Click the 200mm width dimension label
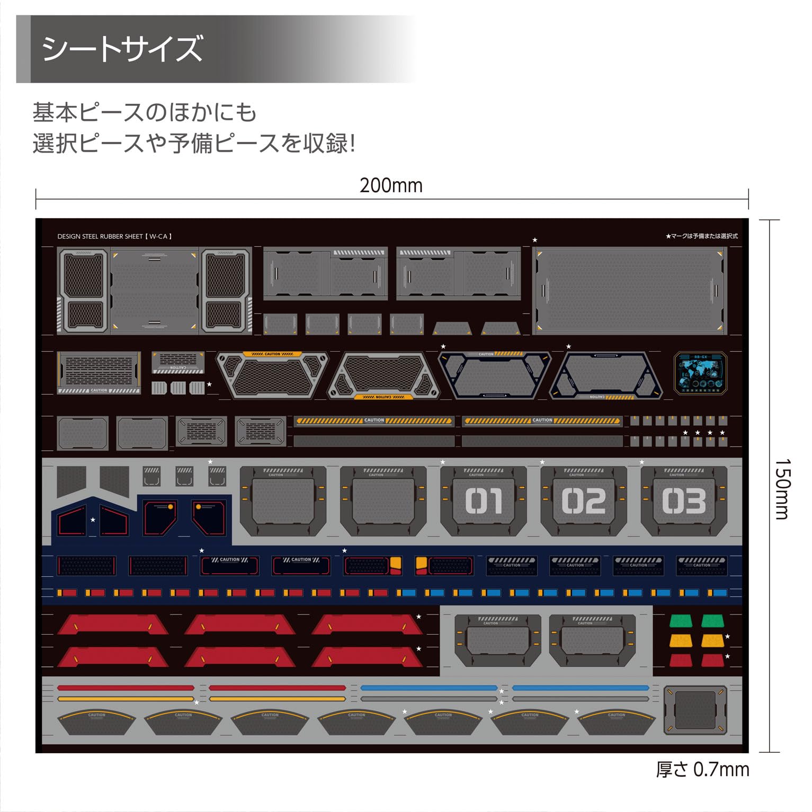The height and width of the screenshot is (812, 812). pos(391,185)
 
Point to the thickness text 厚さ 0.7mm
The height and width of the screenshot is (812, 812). pos(702,769)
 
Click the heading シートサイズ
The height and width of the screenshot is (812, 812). pos(122,49)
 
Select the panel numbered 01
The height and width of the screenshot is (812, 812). pos(484,501)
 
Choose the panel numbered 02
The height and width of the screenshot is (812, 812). pos(584,501)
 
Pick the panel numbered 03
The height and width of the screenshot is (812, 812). pos(684,501)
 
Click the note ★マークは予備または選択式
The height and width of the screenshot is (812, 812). pos(701,236)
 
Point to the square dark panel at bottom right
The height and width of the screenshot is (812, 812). pos(695,709)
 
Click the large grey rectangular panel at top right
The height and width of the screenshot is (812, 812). pos(630,291)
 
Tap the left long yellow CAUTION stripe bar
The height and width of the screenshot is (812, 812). pos(374,421)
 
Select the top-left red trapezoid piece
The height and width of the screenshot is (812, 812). pos(113,624)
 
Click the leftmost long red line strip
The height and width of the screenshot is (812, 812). pos(126,688)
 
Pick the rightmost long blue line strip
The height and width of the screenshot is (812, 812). pos(580,688)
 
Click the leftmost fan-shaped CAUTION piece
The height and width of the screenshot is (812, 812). pos(96,722)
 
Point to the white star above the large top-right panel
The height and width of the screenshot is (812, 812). pos(534,240)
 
